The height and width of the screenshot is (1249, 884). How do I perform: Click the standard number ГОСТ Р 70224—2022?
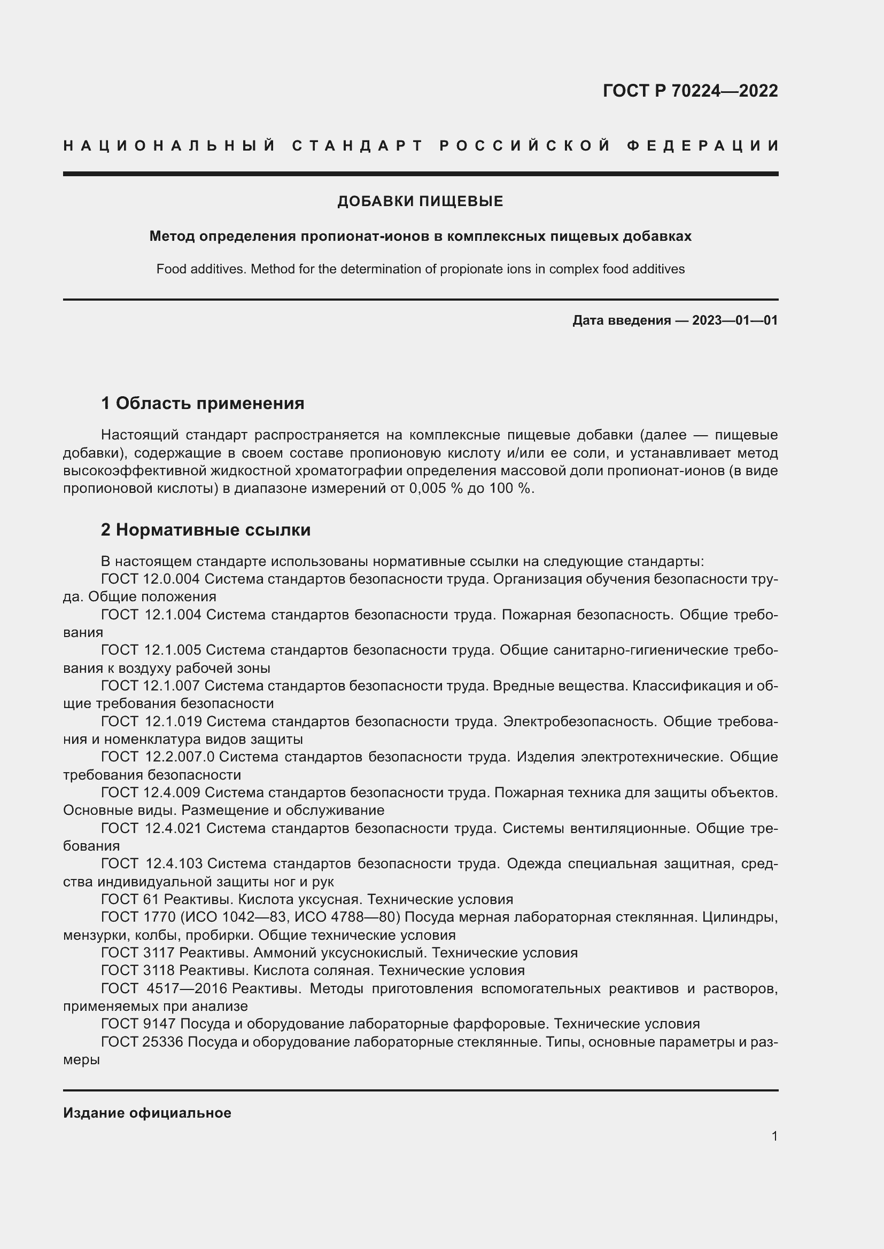689,91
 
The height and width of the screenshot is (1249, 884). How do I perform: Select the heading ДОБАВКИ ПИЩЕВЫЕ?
420,202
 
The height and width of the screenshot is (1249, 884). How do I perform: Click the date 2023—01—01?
735,320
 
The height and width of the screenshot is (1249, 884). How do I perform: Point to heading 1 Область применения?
203,404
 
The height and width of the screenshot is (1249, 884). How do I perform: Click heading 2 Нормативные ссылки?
206,530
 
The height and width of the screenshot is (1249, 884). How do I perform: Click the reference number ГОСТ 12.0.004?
150,579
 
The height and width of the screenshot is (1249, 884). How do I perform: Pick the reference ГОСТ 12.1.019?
151,721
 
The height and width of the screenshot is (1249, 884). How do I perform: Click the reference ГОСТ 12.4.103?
152,863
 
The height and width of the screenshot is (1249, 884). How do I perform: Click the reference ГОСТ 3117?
138,953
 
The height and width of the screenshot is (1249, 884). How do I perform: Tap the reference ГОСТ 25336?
142,1042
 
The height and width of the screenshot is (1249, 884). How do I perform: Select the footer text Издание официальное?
147,1113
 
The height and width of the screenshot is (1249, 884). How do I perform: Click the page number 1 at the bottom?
774,1136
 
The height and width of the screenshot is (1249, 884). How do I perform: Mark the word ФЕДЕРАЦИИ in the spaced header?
703,146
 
